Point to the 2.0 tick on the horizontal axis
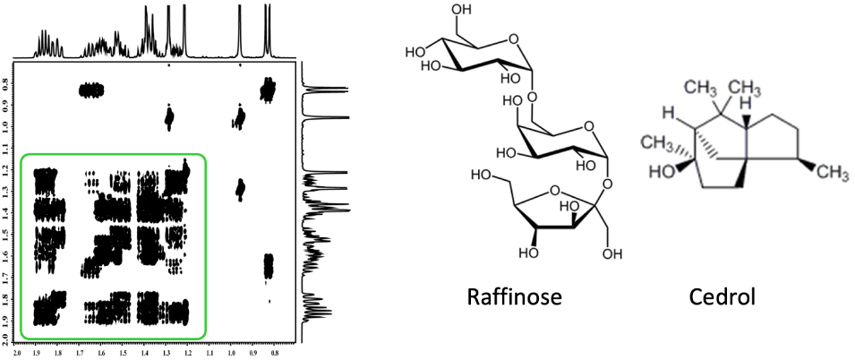click(x=19, y=353)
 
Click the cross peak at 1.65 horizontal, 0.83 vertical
click(x=91, y=90)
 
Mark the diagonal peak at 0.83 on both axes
click(x=268, y=89)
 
